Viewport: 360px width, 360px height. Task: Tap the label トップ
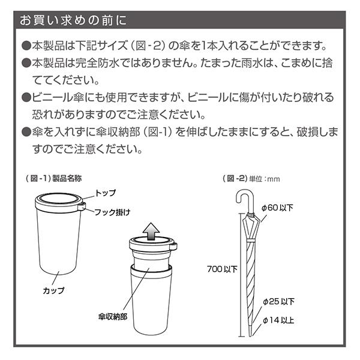tap(106, 193)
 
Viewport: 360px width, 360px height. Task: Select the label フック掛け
tap(112, 212)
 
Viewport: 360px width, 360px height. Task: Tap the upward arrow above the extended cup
tap(152, 228)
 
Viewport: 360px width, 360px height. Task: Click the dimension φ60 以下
tap(277, 207)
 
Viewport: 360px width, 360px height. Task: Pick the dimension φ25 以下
tap(278, 301)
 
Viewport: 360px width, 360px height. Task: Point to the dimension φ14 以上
tap(278, 320)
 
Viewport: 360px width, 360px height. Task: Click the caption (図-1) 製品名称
tap(58, 178)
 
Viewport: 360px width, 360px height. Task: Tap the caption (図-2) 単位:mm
tap(251, 178)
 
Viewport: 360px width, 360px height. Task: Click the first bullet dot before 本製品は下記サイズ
tap(26, 46)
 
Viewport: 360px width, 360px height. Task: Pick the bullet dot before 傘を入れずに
tap(26, 131)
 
